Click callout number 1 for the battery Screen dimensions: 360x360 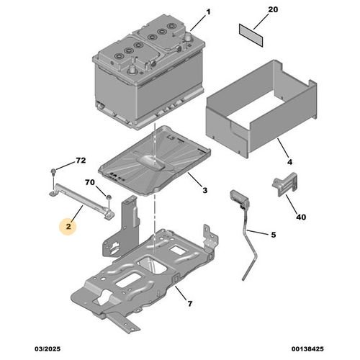(208, 12)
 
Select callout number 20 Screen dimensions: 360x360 (273, 9)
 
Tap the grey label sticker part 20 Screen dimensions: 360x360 (251, 35)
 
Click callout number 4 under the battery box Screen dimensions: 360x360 (290, 162)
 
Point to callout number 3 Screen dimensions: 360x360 (204, 190)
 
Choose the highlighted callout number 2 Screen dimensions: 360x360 (68, 226)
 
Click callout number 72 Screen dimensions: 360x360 (81, 161)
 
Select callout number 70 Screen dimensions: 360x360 (90, 182)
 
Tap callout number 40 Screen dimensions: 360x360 (301, 217)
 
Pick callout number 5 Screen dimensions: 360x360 (274, 235)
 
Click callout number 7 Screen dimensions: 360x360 (190, 304)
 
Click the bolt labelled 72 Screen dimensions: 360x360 (53, 171)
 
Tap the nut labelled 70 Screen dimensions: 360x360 (109, 197)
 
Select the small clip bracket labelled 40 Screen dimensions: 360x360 (285, 184)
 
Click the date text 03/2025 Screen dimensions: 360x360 (48, 348)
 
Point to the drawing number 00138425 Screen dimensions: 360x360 (307, 348)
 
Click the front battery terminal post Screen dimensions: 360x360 (132, 69)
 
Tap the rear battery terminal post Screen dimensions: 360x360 (188, 37)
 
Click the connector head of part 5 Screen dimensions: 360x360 (239, 198)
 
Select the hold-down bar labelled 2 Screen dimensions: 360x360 (82, 201)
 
